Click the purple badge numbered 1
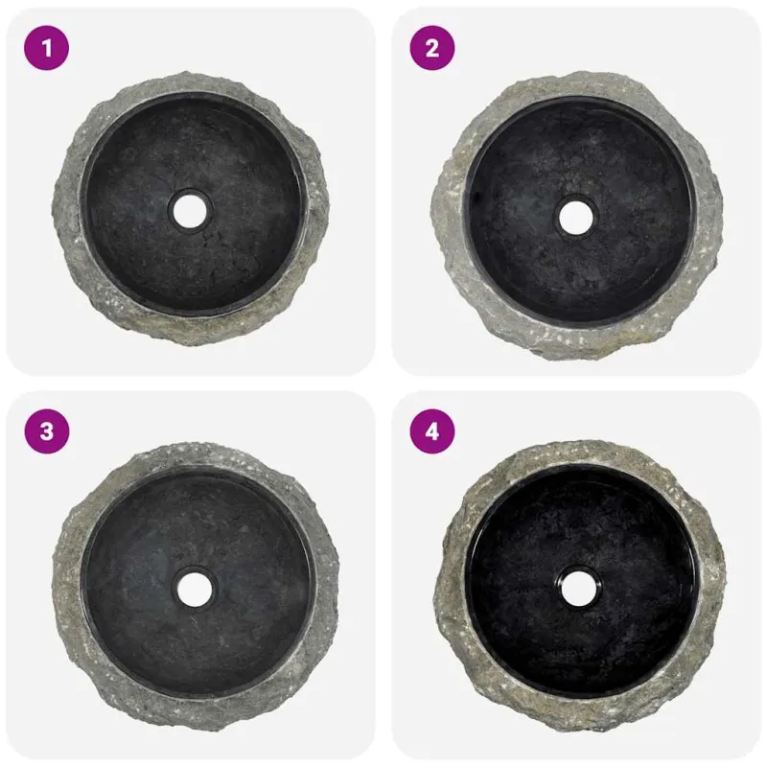(x=46, y=48)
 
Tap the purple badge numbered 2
(x=432, y=48)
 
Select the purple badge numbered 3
(x=46, y=431)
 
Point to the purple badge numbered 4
(x=432, y=431)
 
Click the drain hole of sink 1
(x=190, y=210)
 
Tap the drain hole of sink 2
(x=576, y=218)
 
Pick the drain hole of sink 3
(x=195, y=588)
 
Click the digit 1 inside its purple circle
(x=47, y=48)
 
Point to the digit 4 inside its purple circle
(x=432, y=431)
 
